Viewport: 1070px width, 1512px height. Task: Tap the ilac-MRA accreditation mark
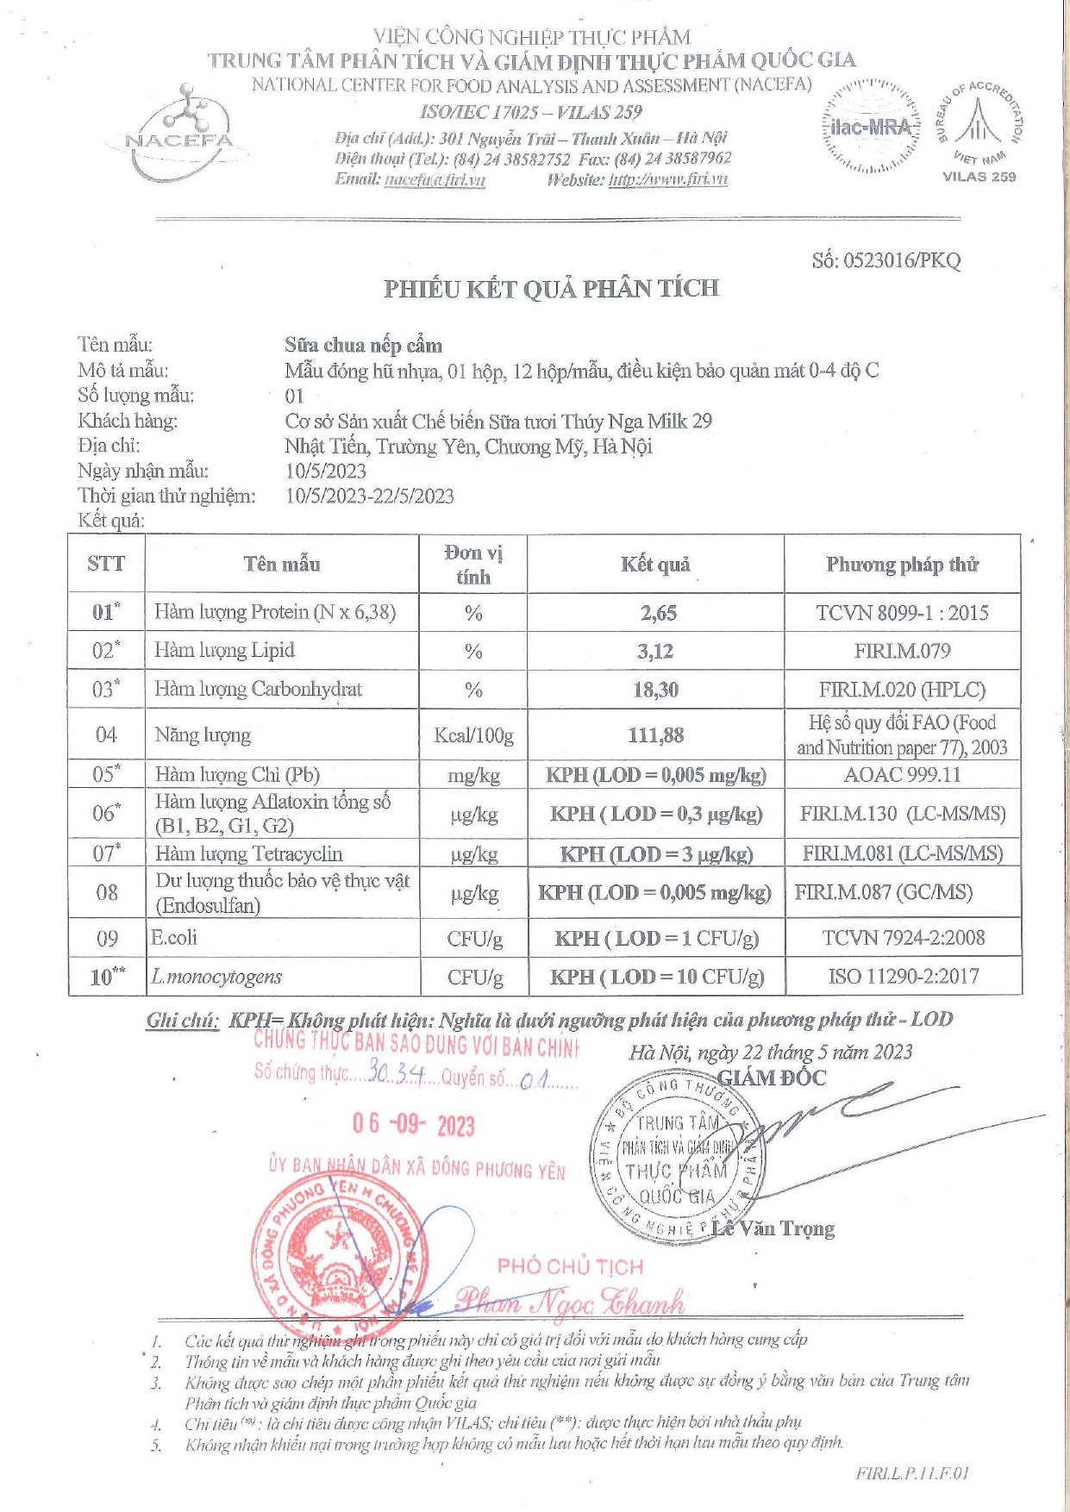tap(872, 128)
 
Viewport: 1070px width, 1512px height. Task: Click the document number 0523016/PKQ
tap(885, 260)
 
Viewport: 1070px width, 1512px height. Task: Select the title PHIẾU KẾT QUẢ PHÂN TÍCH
tap(551, 289)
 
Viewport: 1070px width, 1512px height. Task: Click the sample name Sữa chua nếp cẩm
tap(363, 346)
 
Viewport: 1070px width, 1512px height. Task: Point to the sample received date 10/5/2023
tap(326, 471)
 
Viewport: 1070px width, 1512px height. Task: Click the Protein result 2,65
tap(658, 613)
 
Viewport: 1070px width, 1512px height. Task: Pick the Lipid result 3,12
tap(655, 651)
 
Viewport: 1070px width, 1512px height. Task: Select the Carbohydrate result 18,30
tap(656, 690)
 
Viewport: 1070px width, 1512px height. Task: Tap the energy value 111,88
tap(655, 735)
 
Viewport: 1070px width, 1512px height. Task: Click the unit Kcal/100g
tap(473, 735)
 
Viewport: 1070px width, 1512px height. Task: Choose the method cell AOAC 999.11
tap(902, 774)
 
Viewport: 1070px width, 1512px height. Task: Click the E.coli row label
tap(173, 937)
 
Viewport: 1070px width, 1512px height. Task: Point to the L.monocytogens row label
tap(216, 977)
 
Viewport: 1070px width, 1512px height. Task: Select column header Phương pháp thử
tap(902, 565)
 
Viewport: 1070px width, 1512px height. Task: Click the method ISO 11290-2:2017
tap(903, 976)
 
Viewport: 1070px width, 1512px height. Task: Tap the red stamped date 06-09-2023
tap(413, 1125)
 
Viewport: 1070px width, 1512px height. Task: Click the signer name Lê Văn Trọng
tap(773, 1228)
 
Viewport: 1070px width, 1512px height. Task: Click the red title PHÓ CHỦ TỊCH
tap(570, 1266)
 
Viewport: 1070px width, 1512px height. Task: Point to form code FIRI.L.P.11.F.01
tap(912, 1472)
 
